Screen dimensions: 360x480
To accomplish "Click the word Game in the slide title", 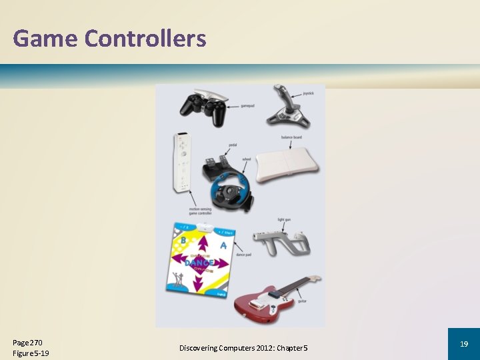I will [45, 39].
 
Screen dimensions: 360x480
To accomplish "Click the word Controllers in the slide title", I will [145, 39].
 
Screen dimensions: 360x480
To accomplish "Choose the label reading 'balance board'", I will [292, 137].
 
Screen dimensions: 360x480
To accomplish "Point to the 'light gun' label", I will [284, 219].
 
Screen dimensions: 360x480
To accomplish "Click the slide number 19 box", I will [463, 344].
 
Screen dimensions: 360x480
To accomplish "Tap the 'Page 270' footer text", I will [27, 342].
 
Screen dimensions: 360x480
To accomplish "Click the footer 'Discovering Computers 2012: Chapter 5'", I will [243, 348].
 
